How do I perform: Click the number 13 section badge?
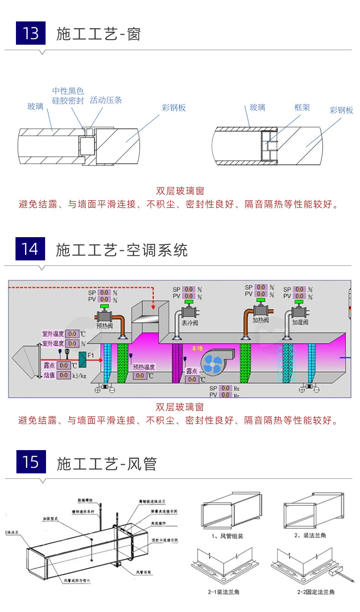pyautogui.click(x=31, y=34)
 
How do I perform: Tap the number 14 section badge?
pyautogui.click(x=31, y=249)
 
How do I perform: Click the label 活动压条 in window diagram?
pyautogui.click(x=106, y=100)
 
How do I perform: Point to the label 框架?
pyautogui.click(x=302, y=108)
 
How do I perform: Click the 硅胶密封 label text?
pyautogui.click(x=68, y=101)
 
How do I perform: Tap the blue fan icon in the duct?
pyautogui.click(x=212, y=363)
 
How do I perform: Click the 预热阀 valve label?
pyautogui.click(x=106, y=326)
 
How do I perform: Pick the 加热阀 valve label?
pyautogui.click(x=261, y=320)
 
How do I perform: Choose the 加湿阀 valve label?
pyautogui.click(x=300, y=322)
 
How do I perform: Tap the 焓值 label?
pyautogui.click(x=49, y=375)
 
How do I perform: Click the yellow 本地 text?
pyautogui.click(x=197, y=348)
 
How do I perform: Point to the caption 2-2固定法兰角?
pyautogui.click(x=316, y=592)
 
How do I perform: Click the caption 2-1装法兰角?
pyautogui.click(x=226, y=592)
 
